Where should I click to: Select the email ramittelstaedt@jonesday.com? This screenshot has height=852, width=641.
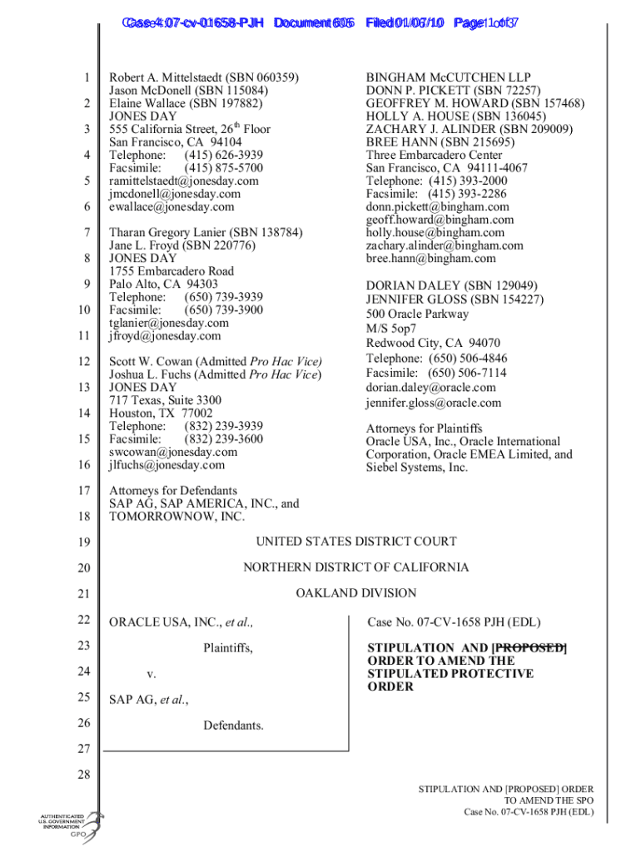[184, 181]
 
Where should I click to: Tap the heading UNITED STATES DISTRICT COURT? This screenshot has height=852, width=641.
[355, 542]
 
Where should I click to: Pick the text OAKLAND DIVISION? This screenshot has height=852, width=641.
[355, 593]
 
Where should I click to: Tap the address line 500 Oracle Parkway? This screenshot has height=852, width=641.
[417, 314]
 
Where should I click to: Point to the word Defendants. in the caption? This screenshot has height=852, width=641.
[233, 726]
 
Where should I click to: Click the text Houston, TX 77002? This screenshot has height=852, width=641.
[161, 413]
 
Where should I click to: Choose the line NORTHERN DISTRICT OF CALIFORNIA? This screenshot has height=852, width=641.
[355, 567]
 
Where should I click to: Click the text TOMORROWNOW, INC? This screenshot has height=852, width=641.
[176, 517]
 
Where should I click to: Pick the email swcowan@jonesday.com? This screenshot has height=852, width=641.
[173, 452]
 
